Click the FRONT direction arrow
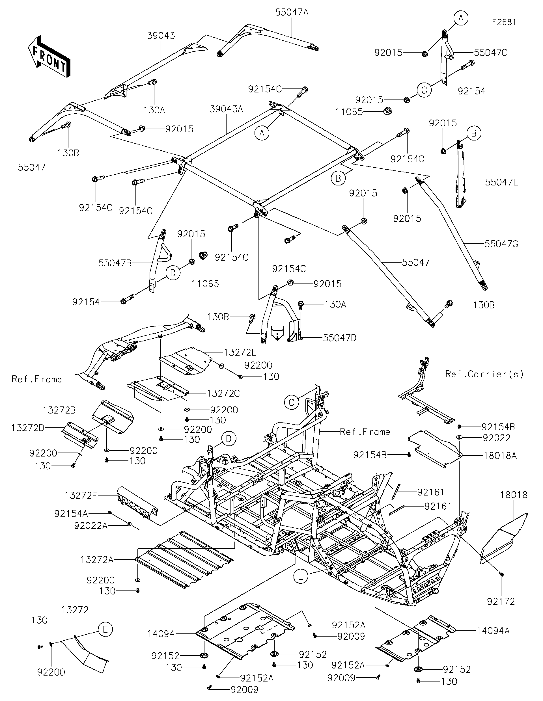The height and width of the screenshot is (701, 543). pos(49,57)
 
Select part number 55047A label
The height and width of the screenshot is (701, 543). pos(292,12)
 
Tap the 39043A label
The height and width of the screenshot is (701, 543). pos(226,109)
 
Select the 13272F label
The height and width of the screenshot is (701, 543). pos(81,496)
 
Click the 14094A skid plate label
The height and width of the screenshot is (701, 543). pos(493,631)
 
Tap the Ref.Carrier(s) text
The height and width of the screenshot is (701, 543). pos(484,374)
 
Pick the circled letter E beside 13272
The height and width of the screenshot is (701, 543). pos(105,629)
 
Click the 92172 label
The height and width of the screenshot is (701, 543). pos(501,602)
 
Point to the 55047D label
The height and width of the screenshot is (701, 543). pos(339,338)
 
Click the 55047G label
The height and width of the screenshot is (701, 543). pos(501,244)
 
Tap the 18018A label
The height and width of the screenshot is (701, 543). pos(500,455)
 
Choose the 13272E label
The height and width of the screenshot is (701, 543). pos(240,352)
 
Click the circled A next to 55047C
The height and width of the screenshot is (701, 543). pos(460,19)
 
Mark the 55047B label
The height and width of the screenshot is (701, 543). pos(115,263)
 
